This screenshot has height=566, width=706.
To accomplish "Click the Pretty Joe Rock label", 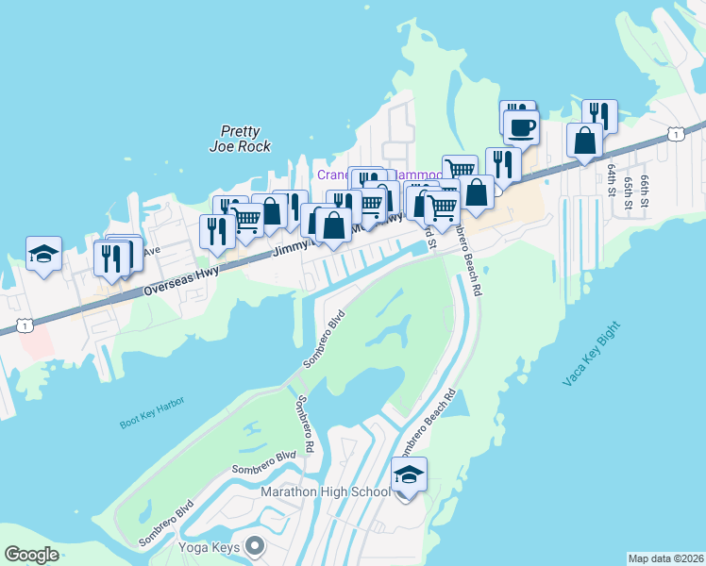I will coord(240,139).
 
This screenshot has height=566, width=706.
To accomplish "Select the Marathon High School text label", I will coord(326,491).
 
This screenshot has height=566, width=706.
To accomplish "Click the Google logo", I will coord(31,555).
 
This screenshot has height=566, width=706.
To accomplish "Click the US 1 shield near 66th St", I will coord(676,135).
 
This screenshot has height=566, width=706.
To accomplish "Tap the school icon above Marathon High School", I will coord(409,474).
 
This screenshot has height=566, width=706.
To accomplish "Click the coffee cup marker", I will coord(521,126).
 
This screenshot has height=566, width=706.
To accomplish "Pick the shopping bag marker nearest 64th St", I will coord(585,141).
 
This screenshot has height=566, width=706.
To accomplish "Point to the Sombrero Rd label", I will coord(303,424).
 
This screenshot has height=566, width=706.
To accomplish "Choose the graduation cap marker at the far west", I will coord(43,254).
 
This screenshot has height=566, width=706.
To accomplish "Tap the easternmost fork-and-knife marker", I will coord(599,115).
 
